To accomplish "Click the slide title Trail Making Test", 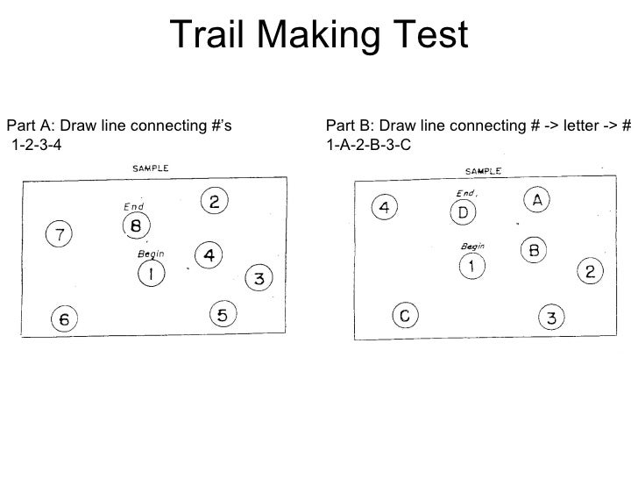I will coord(319,35).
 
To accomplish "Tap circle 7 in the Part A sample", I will coord(60,234).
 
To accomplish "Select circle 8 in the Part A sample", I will coord(136,226).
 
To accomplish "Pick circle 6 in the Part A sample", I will coord(64,319).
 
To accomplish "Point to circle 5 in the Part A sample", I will coord(223,313).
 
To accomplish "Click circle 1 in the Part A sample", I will coord(151,275).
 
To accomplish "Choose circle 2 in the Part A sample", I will coord(215,202).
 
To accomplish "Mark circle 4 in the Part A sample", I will coord(209,254).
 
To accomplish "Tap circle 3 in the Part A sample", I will coord(259,279).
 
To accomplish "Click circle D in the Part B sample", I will coord(464,213).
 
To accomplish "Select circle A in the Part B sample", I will coord(538,200).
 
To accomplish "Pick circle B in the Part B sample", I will coord(535,250).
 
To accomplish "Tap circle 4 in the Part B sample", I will coord(385,207).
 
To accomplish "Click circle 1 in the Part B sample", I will coord(472,265).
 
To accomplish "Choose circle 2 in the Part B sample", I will coord(591,272).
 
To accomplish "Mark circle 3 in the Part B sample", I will coord(551,317).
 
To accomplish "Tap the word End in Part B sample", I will coord(464,193).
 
